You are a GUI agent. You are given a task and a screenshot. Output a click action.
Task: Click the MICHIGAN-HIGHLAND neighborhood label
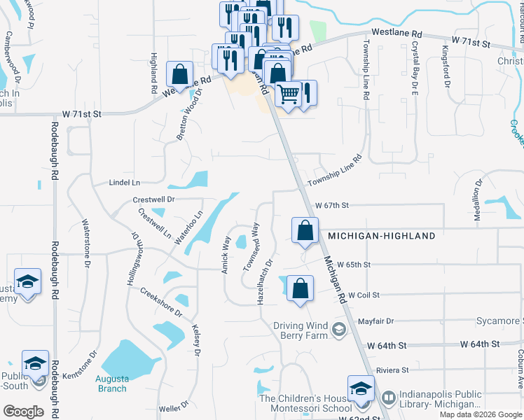pos(381,236)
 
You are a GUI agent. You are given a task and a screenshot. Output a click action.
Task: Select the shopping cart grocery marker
pos(288,94)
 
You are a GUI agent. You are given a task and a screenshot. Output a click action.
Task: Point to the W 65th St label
pos(353,265)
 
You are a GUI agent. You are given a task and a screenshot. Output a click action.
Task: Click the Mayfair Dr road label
pos(375,321)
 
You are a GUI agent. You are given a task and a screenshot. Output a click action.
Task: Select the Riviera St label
pos(392,370)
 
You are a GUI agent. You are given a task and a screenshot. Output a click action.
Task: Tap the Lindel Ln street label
pos(125,182)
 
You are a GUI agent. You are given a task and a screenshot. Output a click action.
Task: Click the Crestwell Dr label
pos(153,199)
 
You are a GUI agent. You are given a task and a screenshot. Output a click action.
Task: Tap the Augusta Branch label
pos(111,384)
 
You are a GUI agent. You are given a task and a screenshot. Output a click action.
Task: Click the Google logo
pos(23,412)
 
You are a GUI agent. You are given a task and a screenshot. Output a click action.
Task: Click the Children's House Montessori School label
pos(305,403)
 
